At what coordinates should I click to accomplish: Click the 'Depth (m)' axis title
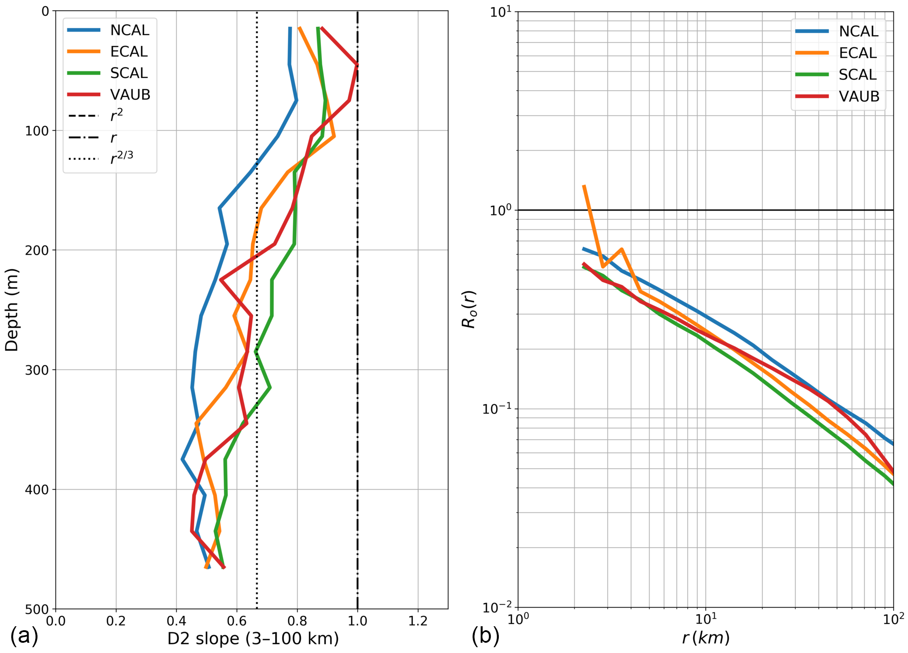12,310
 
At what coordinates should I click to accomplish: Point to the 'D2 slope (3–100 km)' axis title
253,639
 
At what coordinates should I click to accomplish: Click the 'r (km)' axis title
706,638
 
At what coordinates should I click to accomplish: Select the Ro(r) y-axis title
469,309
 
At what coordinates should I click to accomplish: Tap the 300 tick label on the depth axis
37,370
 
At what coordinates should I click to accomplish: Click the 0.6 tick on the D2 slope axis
237,620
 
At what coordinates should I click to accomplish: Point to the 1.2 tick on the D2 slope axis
418,620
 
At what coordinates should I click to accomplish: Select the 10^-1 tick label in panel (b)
497,408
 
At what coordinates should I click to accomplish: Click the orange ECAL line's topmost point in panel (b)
584,186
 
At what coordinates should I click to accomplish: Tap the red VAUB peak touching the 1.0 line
357,65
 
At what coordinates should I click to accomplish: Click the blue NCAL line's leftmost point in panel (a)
183,459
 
